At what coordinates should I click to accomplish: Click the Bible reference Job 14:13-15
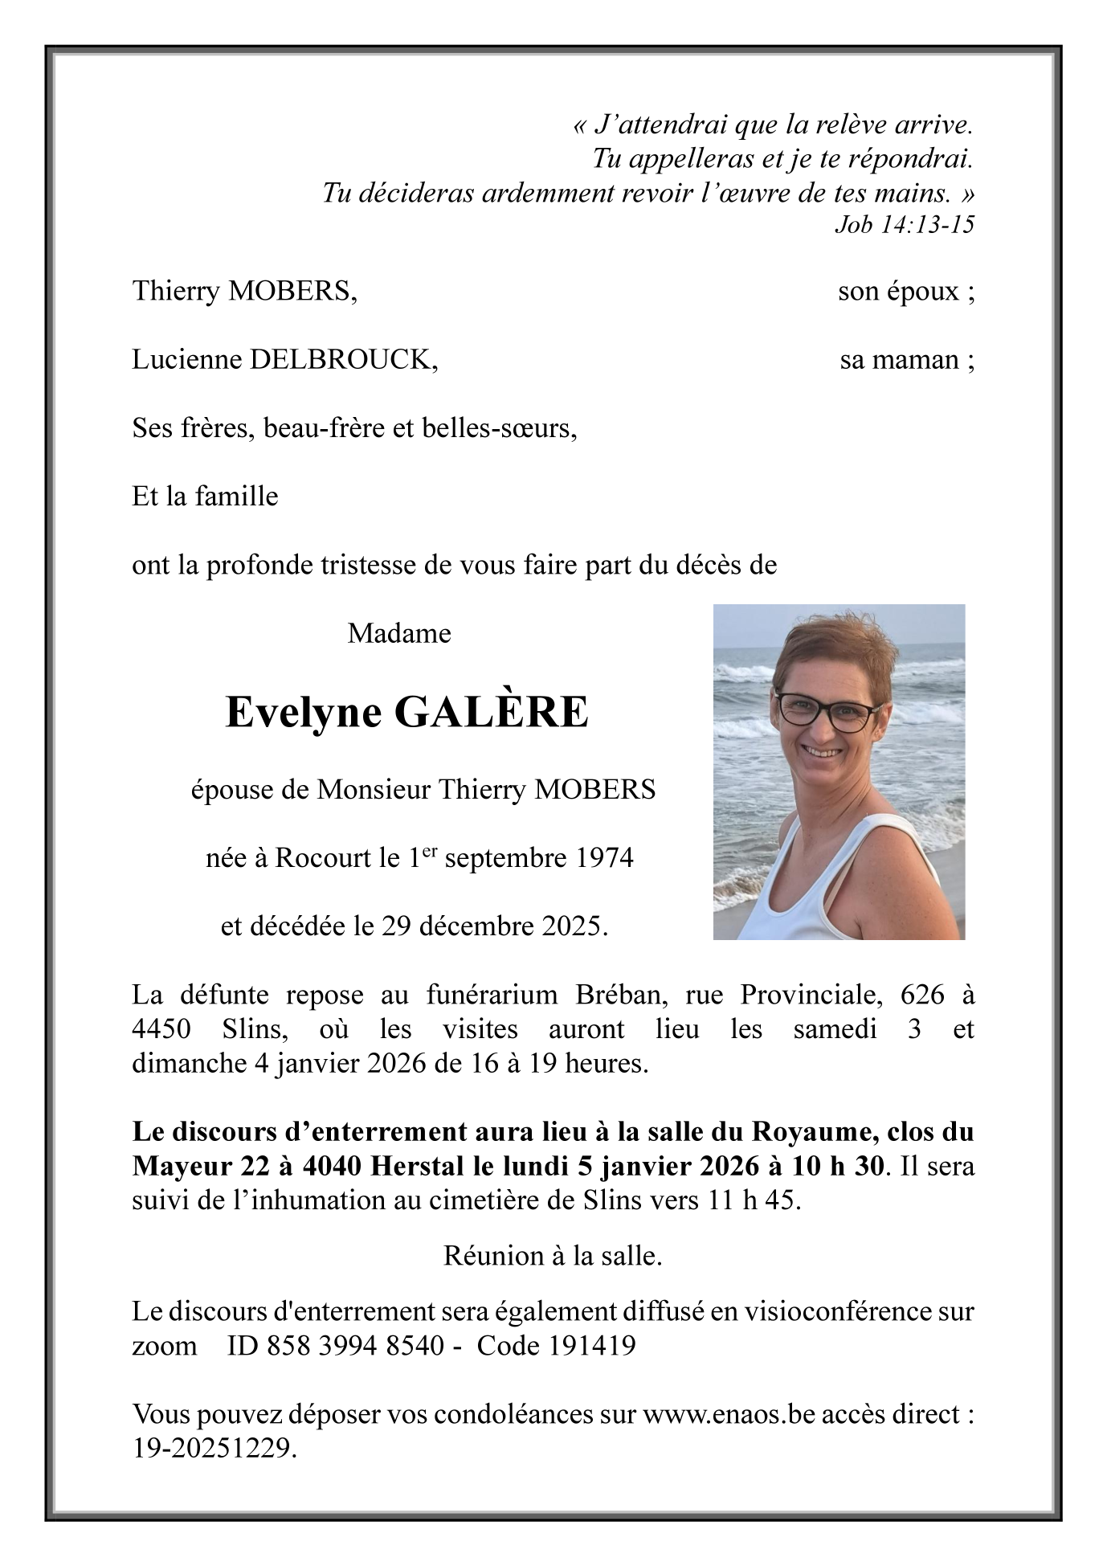(x=905, y=224)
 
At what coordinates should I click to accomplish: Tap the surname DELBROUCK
(x=344, y=360)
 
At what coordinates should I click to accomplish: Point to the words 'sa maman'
(x=901, y=360)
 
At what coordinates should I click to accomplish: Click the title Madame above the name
(x=399, y=634)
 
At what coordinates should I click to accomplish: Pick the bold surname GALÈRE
(x=492, y=713)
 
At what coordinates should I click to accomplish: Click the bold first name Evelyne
(x=304, y=713)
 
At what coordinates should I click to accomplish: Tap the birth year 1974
(x=604, y=858)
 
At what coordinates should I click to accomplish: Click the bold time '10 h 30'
(x=841, y=1166)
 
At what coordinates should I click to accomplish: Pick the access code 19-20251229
(x=212, y=1448)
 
